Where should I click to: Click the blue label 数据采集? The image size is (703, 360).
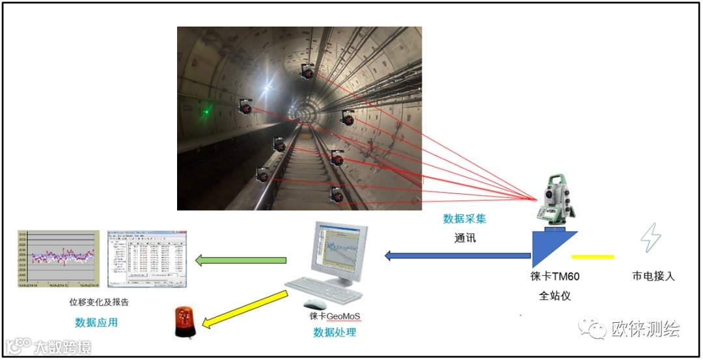click(x=464, y=219)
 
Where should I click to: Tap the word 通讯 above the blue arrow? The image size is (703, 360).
click(x=465, y=238)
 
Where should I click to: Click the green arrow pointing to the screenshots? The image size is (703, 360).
click(x=241, y=260)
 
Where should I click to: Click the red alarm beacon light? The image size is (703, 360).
click(x=184, y=322)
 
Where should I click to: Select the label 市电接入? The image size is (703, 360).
click(x=653, y=276)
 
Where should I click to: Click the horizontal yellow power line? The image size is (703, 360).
click(x=592, y=256)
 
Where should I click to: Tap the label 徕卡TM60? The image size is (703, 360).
click(x=555, y=276)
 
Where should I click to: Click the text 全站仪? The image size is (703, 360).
click(x=555, y=296)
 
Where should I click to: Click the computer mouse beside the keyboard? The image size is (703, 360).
click(x=316, y=304)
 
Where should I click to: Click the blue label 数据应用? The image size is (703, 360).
click(x=96, y=322)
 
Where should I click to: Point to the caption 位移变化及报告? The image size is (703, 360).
click(x=99, y=302)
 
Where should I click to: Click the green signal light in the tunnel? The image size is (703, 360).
click(x=206, y=111)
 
